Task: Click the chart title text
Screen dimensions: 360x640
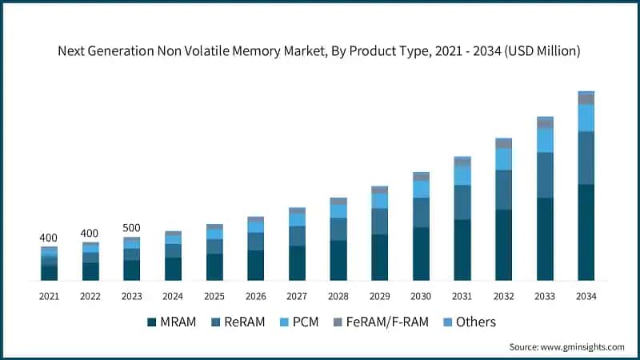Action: click(x=320, y=50)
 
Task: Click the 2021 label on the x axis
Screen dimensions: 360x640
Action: click(x=49, y=296)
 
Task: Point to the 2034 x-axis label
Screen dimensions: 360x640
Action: click(x=586, y=296)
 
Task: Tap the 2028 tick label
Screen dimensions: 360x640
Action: click(x=338, y=296)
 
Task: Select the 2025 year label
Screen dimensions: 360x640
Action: click(x=214, y=296)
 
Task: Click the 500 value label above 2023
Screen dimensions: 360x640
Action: click(x=131, y=228)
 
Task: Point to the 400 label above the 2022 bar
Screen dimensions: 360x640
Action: click(x=90, y=233)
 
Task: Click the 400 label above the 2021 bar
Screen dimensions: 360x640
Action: click(x=49, y=238)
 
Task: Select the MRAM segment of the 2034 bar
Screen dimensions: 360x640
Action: click(x=586, y=232)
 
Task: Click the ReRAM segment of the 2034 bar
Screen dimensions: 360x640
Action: click(x=586, y=158)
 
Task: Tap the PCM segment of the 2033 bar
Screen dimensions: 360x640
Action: click(x=545, y=140)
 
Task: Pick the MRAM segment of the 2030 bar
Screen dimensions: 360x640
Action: click(x=421, y=254)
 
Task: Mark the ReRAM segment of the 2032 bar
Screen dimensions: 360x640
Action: click(x=503, y=190)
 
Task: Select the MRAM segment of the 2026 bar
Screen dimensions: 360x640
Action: click(x=255, y=265)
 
